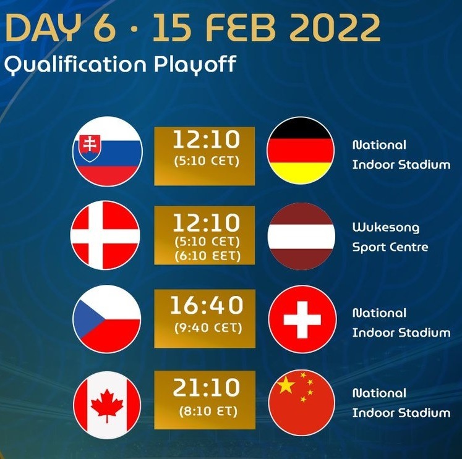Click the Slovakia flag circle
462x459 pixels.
[108, 151]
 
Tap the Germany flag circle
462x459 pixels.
[301, 151]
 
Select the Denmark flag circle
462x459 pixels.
[105, 235]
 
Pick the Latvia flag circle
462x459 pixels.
[301, 236]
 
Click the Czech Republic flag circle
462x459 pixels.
[106, 319]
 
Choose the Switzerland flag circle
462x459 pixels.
[302, 319]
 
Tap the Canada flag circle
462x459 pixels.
[107, 405]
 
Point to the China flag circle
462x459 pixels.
[302, 403]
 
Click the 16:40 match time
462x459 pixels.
[207, 305]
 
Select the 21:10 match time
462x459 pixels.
[206, 387]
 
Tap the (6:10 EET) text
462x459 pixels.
[208, 256]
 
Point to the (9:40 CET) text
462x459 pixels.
[208, 327]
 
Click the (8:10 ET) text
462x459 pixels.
[208, 411]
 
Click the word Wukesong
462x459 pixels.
[386, 228]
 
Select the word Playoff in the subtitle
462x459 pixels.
[195, 64]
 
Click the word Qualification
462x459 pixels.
[75, 64]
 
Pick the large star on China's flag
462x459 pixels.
[286, 385]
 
